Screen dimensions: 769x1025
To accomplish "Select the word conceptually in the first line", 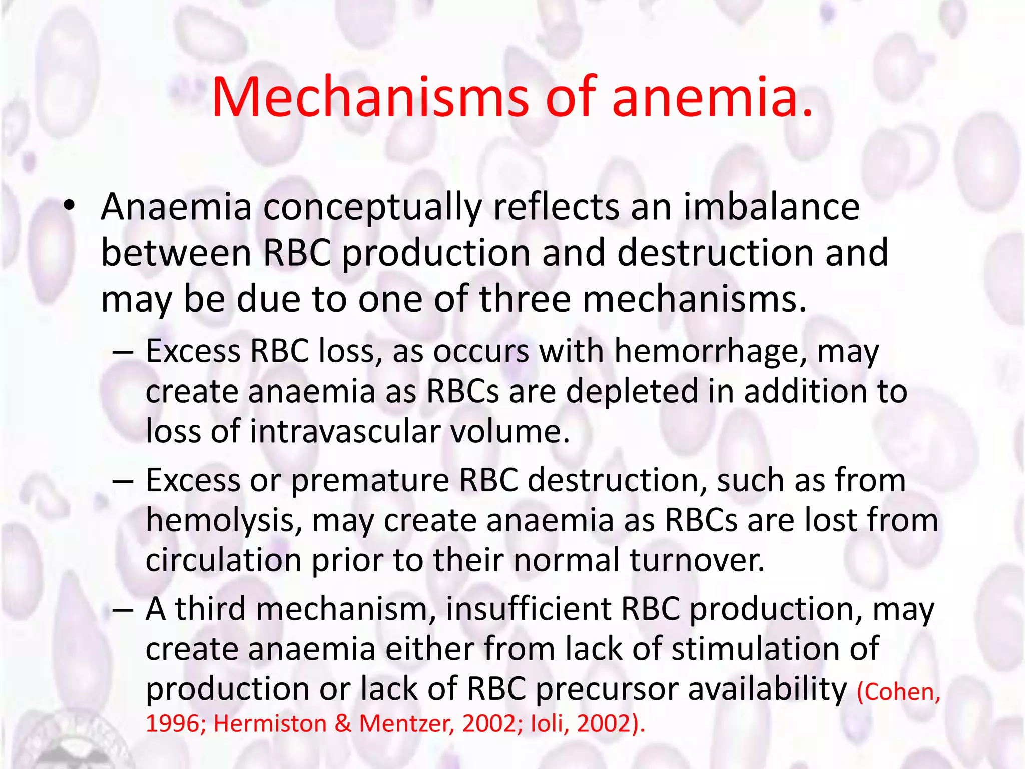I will pos(372,208).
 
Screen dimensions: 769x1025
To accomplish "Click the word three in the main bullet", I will pos(525,299).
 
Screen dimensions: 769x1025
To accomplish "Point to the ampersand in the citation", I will pos(343,723).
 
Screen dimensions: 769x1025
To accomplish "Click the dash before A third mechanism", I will pos(123,610).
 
